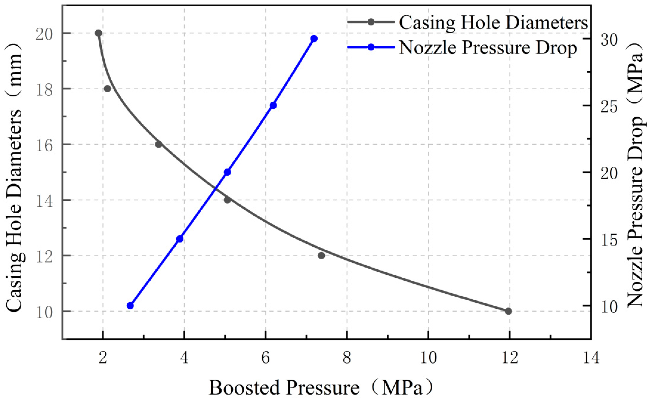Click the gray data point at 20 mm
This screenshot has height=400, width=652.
coord(98,33)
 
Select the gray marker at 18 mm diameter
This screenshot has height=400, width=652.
coord(107,89)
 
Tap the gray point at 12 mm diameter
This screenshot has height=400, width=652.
coord(321,255)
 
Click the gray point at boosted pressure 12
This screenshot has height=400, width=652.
coord(508,311)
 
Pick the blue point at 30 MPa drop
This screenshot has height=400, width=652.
coord(314,39)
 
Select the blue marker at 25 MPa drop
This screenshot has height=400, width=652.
coord(273,105)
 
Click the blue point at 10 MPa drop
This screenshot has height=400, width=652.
coord(130,306)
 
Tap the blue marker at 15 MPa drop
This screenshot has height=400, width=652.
coord(180,239)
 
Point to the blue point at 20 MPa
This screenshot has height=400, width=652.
coord(227,172)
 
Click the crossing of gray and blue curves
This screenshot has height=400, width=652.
coord(216,189)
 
